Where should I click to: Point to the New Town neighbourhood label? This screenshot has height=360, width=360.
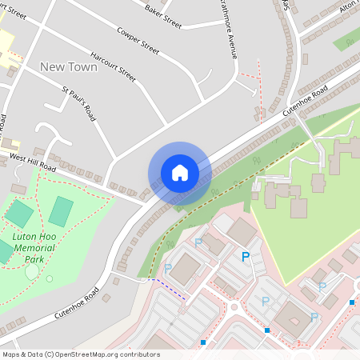[x=69, y=67]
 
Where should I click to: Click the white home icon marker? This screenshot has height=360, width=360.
[x=180, y=173]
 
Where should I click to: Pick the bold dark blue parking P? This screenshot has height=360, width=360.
[x=246, y=256]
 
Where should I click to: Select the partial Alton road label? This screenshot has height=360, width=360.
[x=349, y=6]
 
